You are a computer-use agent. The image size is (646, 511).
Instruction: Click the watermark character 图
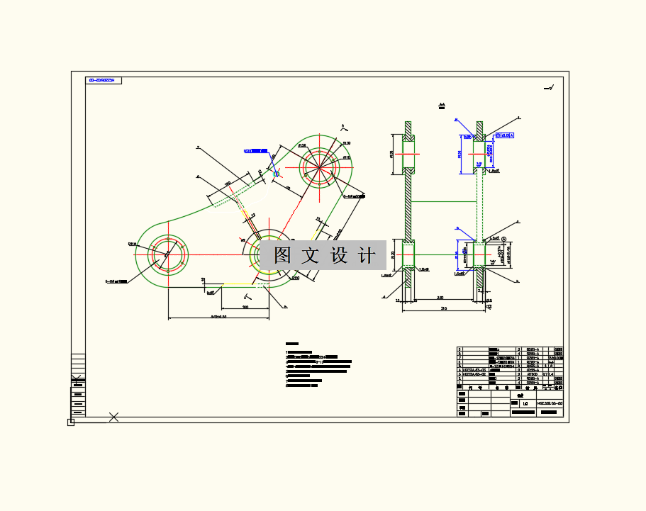(283, 255)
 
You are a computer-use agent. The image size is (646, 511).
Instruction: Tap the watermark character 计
(367, 255)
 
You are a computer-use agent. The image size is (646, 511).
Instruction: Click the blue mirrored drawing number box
(104, 80)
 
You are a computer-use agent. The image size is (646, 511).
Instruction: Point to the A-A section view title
(442, 105)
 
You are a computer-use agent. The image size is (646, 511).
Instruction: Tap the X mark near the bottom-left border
(113, 417)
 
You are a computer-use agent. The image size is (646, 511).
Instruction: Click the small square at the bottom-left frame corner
(71, 422)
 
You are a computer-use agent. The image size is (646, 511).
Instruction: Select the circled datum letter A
(503, 240)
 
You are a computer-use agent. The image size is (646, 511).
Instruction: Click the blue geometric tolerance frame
(504, 135)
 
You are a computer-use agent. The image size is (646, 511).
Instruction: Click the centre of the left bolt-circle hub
(169, 254)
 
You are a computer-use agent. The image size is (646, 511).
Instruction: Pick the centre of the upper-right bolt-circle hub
(321, 167)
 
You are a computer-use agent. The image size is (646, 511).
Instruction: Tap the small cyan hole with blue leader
(277, 173)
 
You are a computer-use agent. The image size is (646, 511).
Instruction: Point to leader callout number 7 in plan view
(198, 147)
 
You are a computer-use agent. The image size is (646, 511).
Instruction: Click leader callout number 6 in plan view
(198, 176)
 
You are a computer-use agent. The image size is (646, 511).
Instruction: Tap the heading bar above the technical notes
(291, 344)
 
